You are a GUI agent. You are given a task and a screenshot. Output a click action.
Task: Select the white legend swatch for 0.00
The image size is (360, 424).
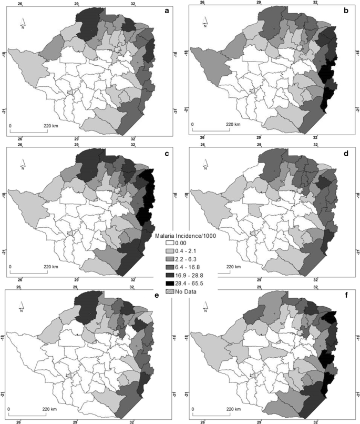[x=169, y=244]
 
